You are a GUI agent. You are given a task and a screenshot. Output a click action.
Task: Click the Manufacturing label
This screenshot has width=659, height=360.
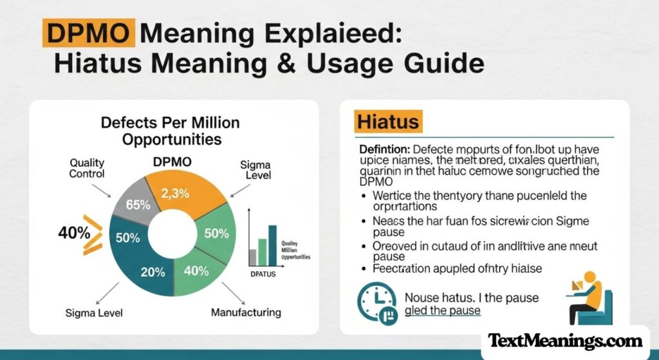tap(246, 312)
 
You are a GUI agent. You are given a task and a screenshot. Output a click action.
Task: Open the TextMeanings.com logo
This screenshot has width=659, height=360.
tap(565, 341)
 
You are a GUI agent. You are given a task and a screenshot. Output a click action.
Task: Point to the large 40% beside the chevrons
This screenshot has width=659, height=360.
tap(73, 233)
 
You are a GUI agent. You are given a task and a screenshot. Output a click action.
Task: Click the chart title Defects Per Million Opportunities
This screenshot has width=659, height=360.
tap(170, 131)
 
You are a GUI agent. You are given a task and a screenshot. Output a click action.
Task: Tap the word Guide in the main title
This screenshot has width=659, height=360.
tap(448, 64)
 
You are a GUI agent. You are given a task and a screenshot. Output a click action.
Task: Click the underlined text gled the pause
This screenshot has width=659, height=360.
tap(443, 311)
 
